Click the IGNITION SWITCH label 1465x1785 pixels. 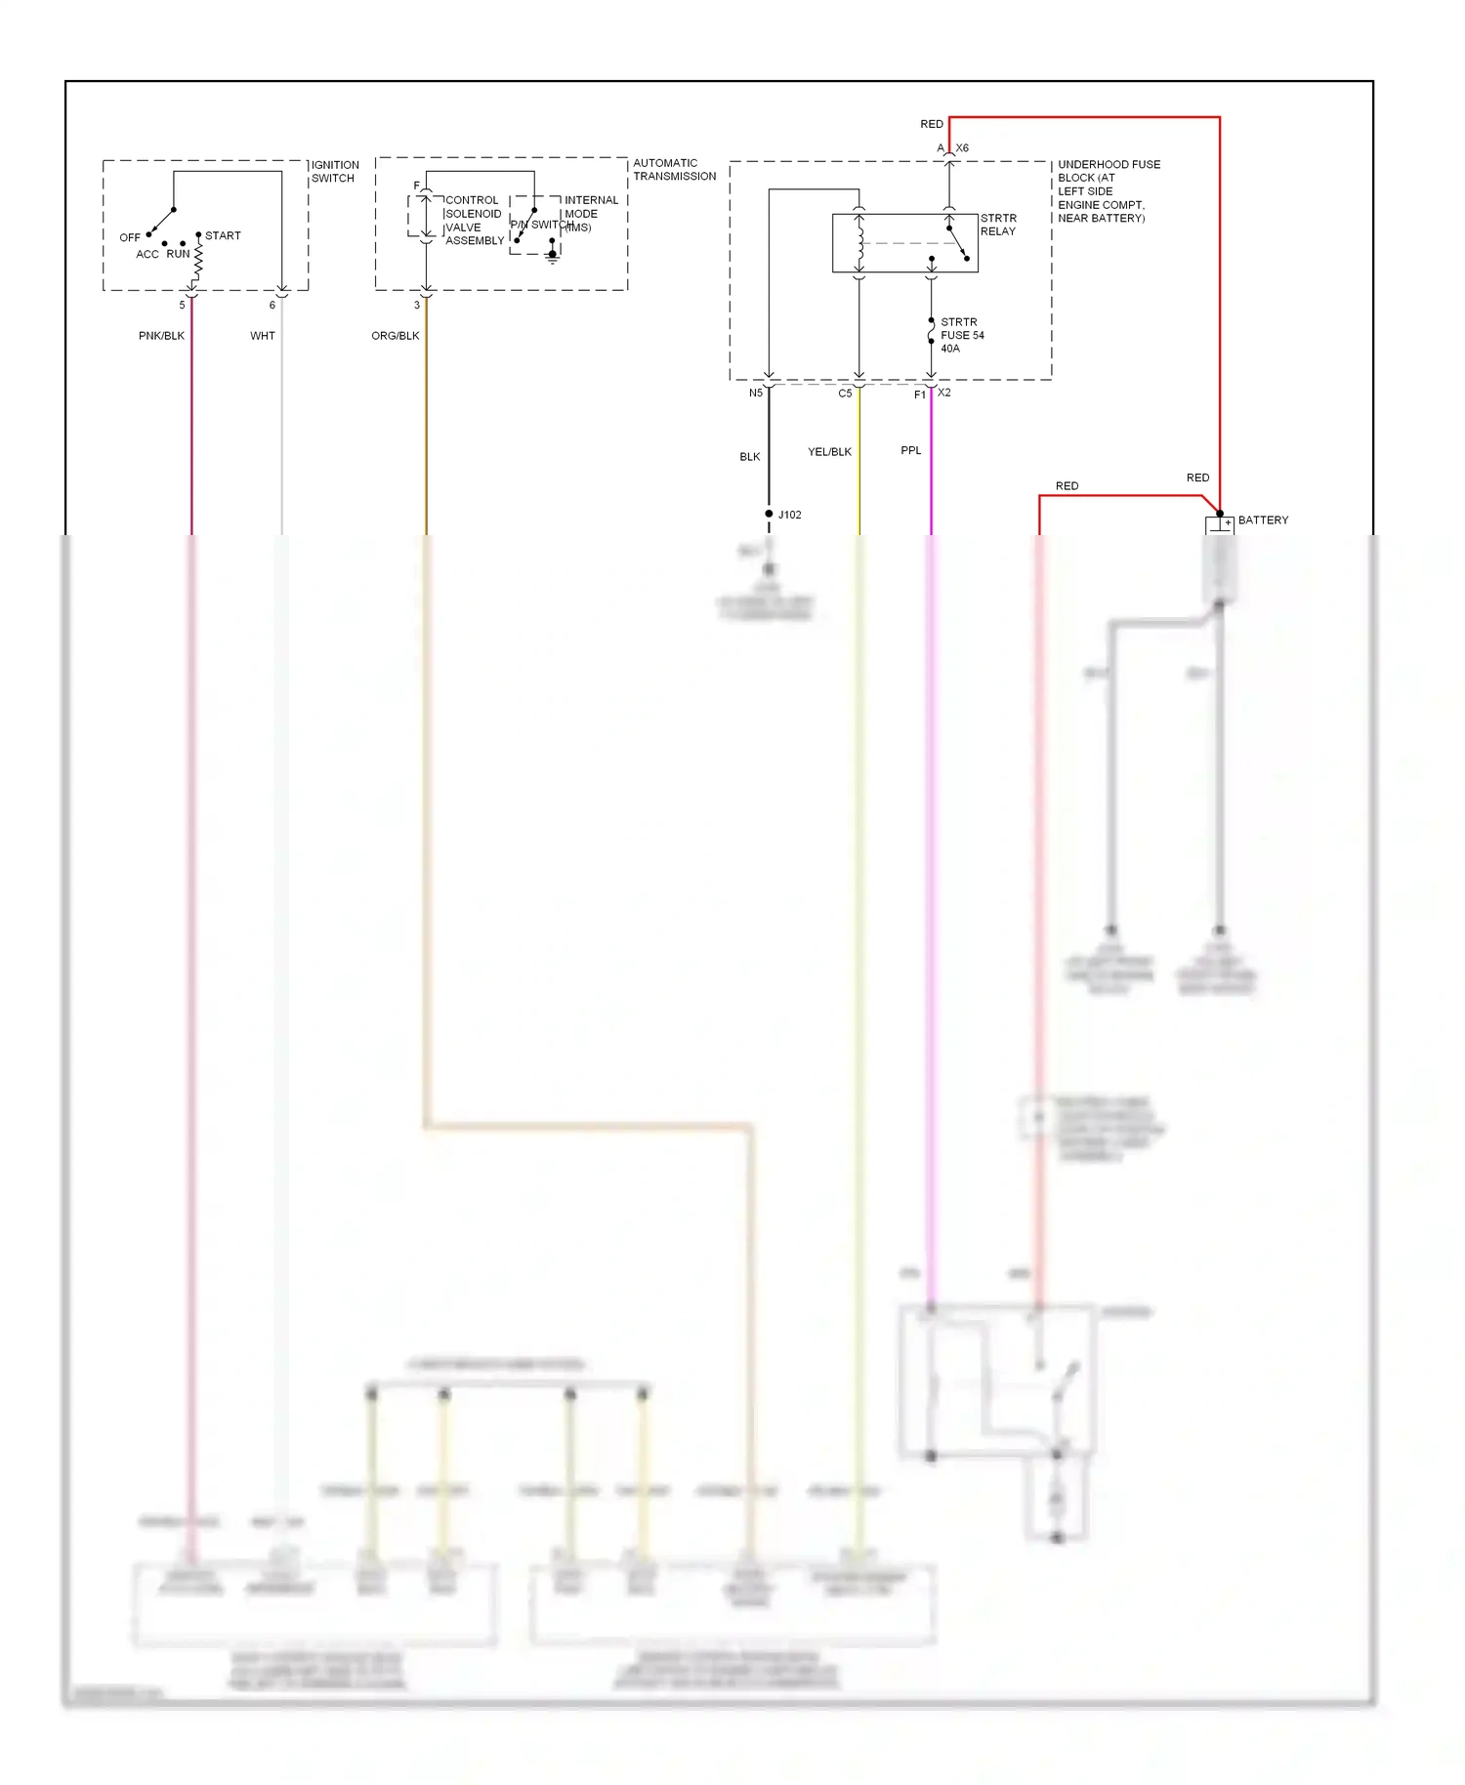335,172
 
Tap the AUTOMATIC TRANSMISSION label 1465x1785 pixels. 674,170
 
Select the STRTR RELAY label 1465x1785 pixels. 998,225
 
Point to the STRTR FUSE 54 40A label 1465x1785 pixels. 961,335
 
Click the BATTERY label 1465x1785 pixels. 1263,520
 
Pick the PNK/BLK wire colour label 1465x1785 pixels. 161,336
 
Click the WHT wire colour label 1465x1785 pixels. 263,336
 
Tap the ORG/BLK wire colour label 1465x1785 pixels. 396,336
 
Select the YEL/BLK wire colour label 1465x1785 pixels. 829,452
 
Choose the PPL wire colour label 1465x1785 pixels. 910,451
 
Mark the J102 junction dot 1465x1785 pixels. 769,514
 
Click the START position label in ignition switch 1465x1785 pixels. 223,236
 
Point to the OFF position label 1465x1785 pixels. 130,238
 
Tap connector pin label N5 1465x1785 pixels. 755,394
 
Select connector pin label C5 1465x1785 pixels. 845,394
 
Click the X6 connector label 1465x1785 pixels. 962,148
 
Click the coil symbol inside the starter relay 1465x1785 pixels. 859,243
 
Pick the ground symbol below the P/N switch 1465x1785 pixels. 552,258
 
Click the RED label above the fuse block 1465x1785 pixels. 932,124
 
